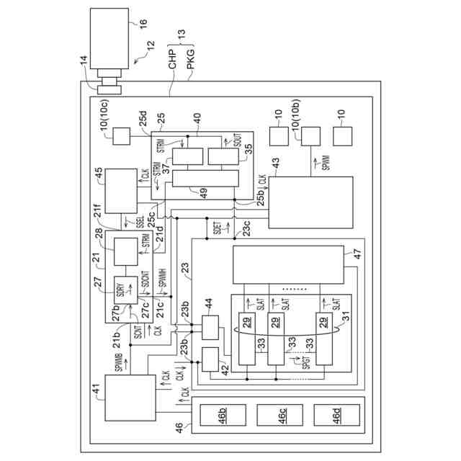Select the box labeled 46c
coord(274,416)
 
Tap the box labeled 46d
coord(331,416)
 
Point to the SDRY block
coord(120,290)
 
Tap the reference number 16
coord(143,23)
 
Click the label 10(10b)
coord(296,124)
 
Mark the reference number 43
coord(274,171)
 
